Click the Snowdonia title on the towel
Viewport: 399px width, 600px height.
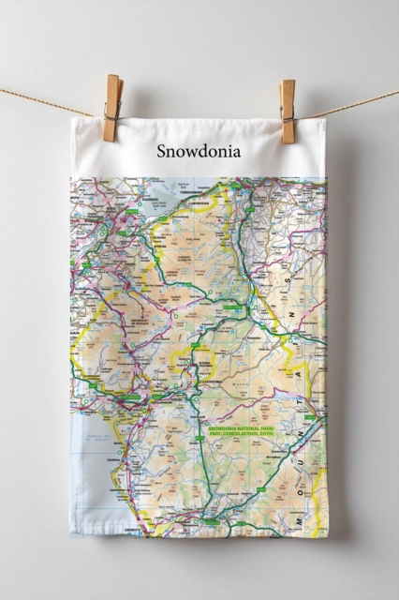click(199, 150)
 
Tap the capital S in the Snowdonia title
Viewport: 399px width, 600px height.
click(162, 150)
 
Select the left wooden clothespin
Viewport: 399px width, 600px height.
click(112, 108)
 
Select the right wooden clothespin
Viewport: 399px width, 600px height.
click(287, 111)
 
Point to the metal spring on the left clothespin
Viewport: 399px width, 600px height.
click(112, 104)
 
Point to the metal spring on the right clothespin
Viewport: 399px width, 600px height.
click(287, 106)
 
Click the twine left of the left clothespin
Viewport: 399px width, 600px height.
click(47, 101)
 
